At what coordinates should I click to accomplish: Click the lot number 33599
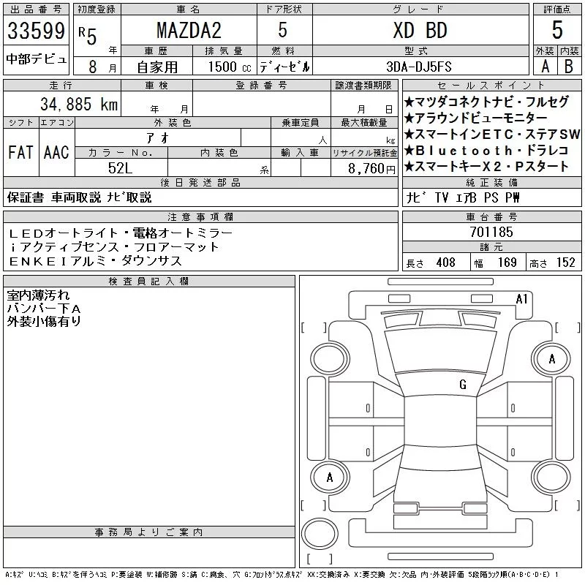(36, 31)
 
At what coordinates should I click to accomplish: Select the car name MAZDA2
(189, 30)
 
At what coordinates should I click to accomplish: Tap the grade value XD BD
(420, 30)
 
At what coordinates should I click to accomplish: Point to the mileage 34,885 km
(79, 104)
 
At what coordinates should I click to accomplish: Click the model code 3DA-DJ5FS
(419, 67)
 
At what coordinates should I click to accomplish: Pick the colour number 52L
(120, 168)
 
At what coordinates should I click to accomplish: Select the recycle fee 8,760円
(371, 169)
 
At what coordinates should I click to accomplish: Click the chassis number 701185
(491, 232)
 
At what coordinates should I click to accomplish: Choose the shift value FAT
(21, 152)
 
